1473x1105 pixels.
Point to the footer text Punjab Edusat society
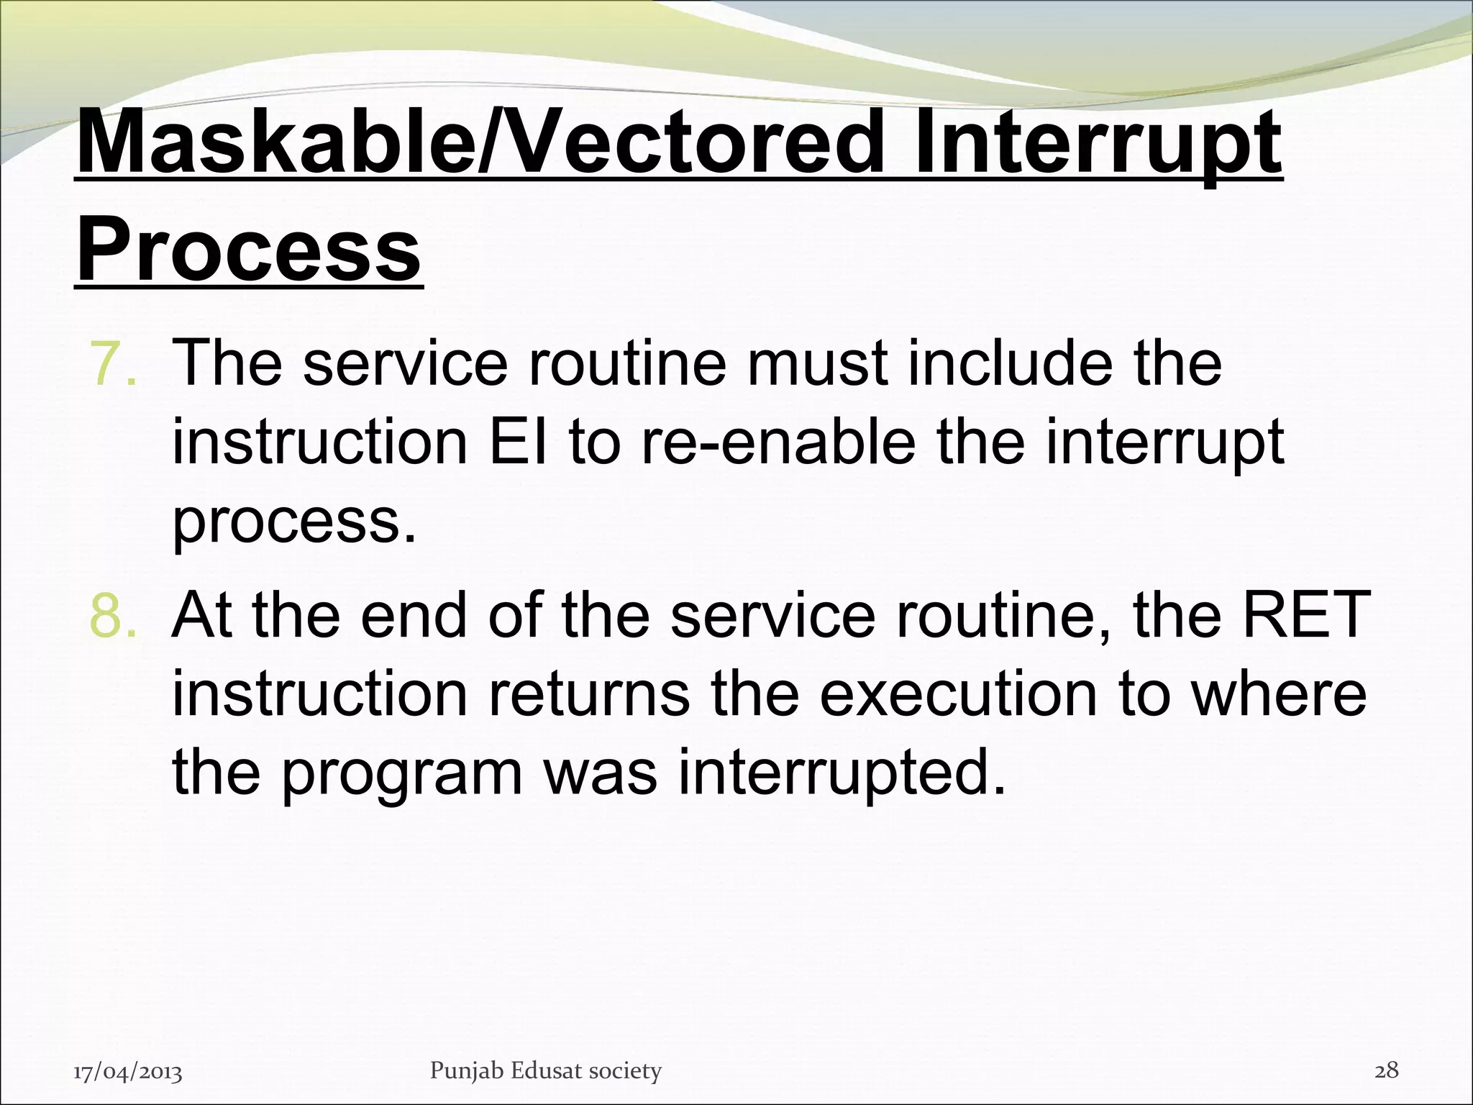click(545, 1071)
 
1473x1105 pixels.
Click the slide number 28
click(1386, 1070)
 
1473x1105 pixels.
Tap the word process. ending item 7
click(294, 524)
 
